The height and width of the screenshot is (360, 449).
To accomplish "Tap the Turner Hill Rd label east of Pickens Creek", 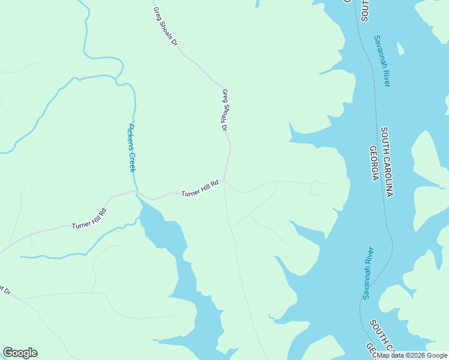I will (200, 188).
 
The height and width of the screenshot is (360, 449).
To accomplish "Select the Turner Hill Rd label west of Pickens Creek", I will (89, 218).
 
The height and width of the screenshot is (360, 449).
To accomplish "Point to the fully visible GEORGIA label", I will (373, 163).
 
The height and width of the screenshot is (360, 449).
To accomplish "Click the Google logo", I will (20, 353).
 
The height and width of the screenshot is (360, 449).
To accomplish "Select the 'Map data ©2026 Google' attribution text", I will (412, 355).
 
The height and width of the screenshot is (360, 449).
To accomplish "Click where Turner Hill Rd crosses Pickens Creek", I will (137, 193).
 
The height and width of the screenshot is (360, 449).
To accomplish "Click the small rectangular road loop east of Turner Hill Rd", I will (315, 188).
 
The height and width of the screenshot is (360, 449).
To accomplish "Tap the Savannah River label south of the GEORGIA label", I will (367, 273).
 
